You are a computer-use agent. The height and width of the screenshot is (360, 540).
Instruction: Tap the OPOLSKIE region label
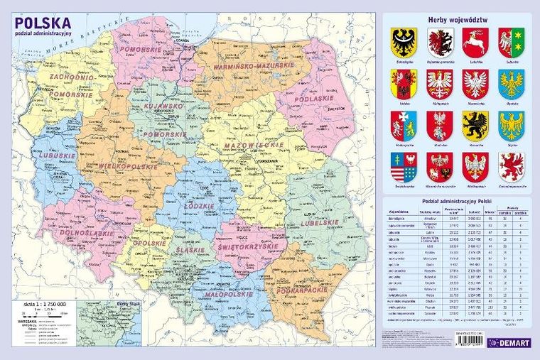click(151, 244)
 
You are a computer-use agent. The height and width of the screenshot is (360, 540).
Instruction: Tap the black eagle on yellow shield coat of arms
click(404, 43)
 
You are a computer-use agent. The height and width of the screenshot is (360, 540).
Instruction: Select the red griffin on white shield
click(511, 166)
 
